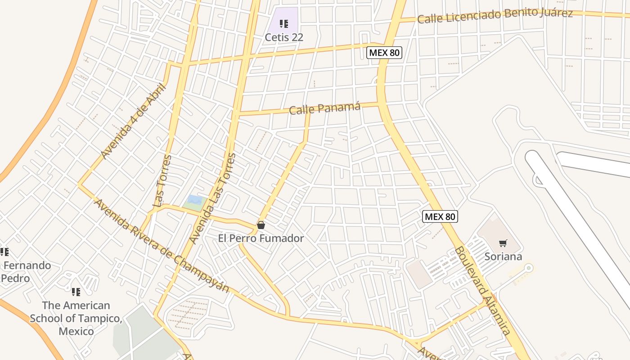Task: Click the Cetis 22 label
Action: [283, 37]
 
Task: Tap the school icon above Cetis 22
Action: [283, 23]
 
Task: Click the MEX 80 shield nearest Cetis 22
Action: [384, 53]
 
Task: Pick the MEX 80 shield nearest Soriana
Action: [440, 216]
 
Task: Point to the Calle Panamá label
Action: [324, 108]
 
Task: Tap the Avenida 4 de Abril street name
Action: [133, 121]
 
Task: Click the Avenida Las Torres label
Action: [212, 198]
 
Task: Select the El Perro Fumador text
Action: [261, 238]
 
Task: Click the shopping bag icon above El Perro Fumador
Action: [261, 225]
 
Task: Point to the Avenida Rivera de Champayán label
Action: [161, 246]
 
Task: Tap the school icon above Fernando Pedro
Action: [4, 252]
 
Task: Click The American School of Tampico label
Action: [76, 318]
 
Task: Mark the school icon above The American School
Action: [76, 292]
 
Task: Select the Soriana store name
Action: [503, 256]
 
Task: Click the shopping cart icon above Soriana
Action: [503, 243]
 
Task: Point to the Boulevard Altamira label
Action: [482, 291]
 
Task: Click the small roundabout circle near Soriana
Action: [529, 268]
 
